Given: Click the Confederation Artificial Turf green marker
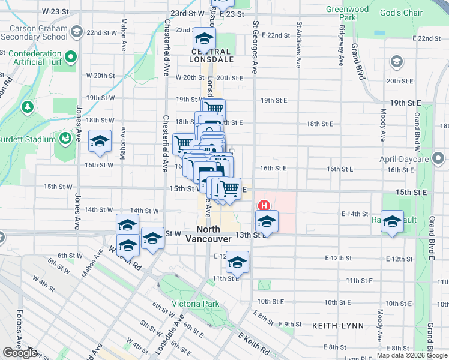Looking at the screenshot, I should tap(71, 58).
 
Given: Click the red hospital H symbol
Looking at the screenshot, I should tap(262, 205).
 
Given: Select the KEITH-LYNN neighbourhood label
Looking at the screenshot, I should tap(333, 325).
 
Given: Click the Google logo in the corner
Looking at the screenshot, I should tap(20, 353).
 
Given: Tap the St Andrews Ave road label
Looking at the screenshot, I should tap(298, 45).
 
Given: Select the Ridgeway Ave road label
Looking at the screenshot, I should tap(341, 45).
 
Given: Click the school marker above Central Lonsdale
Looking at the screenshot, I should tap(204, 39).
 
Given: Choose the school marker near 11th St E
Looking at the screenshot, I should tap(238, 262).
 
